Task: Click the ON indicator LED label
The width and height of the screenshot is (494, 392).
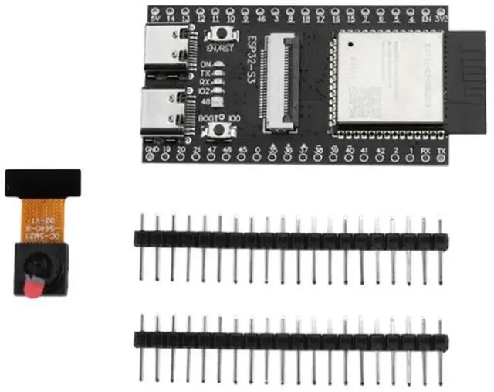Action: pyautogui.click(x=206, y=64)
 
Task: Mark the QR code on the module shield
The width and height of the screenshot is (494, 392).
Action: pyautogui.click(x=369, y=99)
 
